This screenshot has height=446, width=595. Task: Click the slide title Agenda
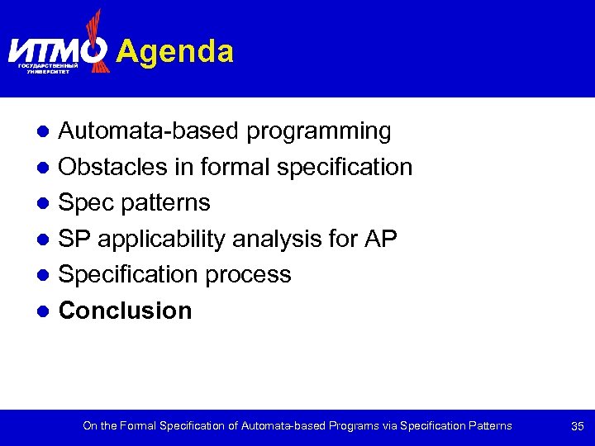pyautogui.click(x=175, y=51)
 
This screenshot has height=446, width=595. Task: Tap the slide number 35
pyautogui.click(x=578, y=426)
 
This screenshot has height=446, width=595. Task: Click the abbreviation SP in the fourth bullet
pyautogui.click(x=74, y=239)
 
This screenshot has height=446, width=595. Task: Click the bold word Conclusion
pyautogui.click(x=126, y=311)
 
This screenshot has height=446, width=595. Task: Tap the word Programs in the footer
pyautogui.click(x=354, y=426)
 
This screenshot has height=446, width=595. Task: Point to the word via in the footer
pyautogui.click(x=391, y=426)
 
